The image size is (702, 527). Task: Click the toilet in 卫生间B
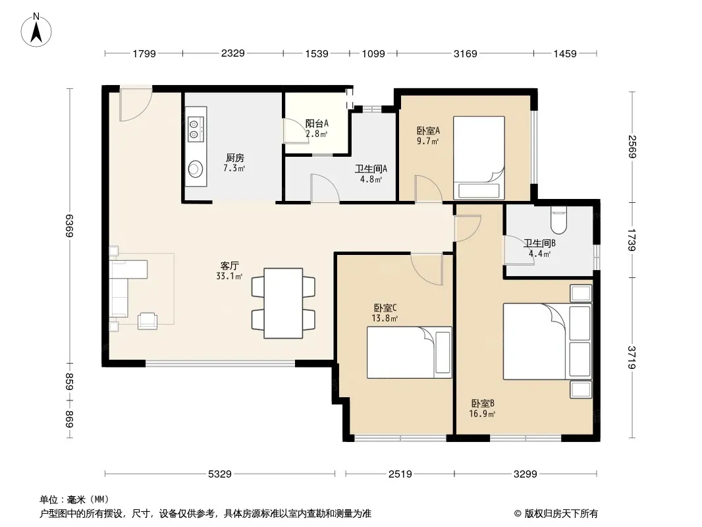(558, 220)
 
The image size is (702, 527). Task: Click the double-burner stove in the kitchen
(196, 129)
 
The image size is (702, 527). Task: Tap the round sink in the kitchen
(196, 169)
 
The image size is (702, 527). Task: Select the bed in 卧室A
(479, 157)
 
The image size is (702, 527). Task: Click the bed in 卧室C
(409, 352)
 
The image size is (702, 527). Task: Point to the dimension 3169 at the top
(465, 53)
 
